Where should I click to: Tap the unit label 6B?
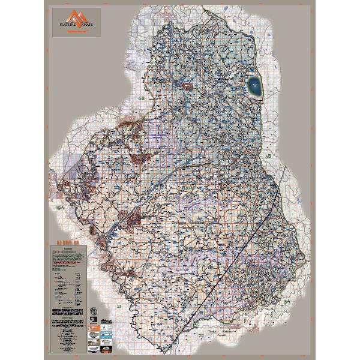(142, 98)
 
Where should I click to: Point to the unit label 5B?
(269, 157)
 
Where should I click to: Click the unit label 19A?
(59, 207)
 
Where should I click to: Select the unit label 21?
(119, 306)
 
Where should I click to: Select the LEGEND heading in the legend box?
(67, 247)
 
